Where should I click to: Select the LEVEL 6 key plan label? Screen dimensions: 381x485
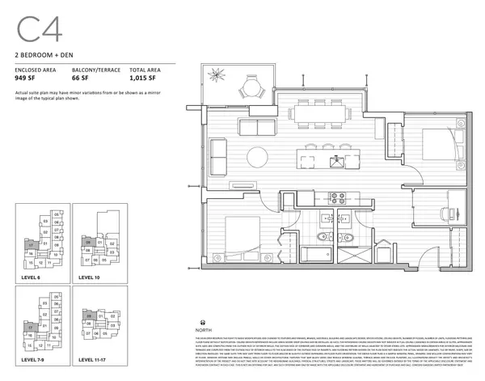tap(32, 277)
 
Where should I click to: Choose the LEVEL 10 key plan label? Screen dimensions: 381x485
tap(90, 277)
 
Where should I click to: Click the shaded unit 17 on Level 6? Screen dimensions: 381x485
tap(30, 243)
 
